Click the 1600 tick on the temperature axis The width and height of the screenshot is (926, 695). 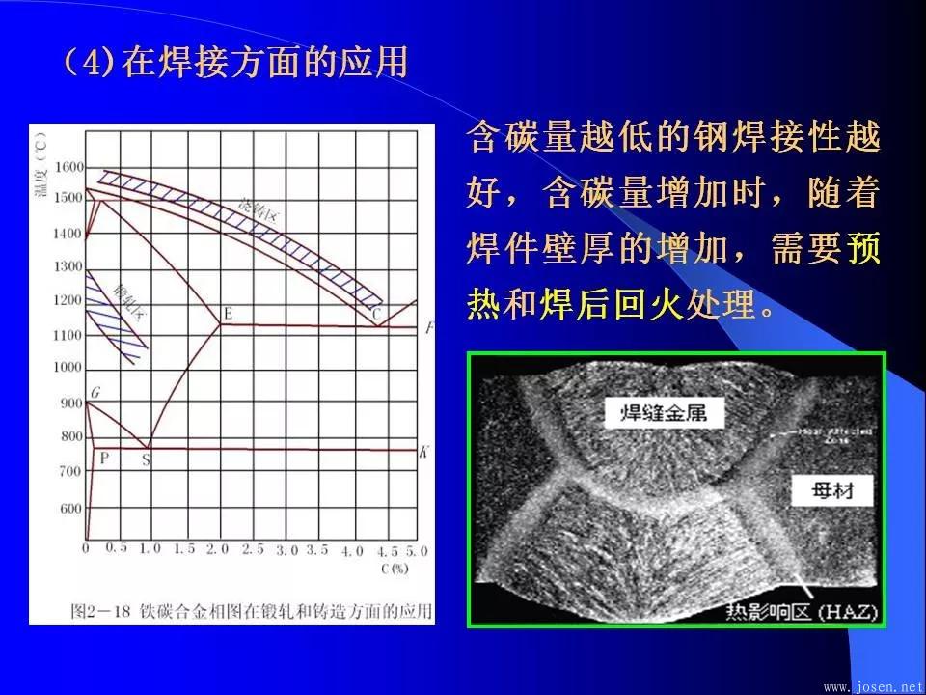(69, 167)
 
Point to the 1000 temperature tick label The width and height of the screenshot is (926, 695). (69, 368)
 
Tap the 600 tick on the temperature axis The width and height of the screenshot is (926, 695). (69, 509)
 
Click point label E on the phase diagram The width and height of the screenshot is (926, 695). (228, 313)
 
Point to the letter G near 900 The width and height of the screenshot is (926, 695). (95, 392)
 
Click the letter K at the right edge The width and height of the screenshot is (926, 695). (424, 451)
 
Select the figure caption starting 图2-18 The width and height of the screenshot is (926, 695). (252, 611)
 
